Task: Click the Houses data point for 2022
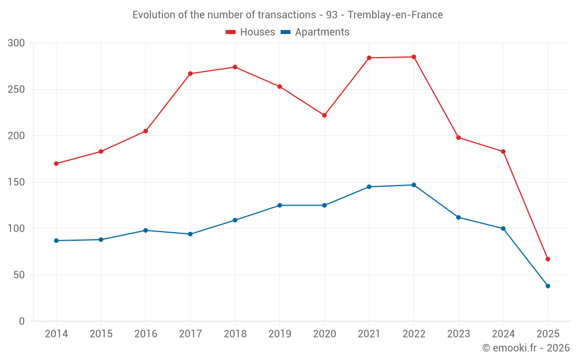pos(414,57)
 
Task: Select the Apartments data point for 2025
pos(548,286)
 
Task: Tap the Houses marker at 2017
pos(190,74)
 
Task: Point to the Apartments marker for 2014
pos(56,240)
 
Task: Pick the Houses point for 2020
pos(324,115)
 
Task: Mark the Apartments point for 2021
pos(369,187)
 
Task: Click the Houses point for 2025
pos(548,259)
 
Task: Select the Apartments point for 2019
pos(279,205)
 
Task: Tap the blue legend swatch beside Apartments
pos(286,32)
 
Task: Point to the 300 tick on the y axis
pos(17,43)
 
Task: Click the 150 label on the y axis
pos(17,182)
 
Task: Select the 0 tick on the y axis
pos(22,321)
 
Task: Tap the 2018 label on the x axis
pos(235,334)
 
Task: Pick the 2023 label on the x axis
pos(458,334)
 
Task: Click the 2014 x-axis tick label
pos(56,334)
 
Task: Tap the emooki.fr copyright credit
pos(525,348)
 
